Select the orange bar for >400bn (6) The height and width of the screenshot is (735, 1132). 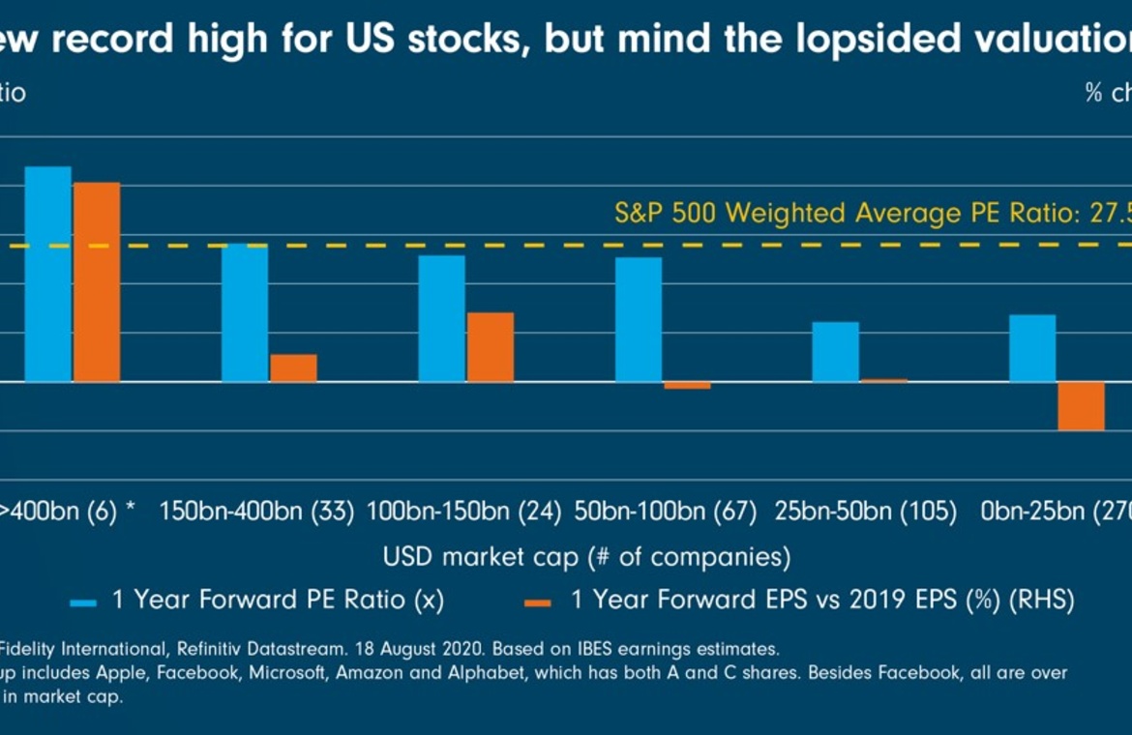[x=97, y=281]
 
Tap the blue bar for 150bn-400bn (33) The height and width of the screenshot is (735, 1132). [x=245, y=312]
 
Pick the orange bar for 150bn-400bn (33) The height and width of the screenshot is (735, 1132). [x=293, y=367]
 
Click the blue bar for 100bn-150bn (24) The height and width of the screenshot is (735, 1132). [x=442, y=318]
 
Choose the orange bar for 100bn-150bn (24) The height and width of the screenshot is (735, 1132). [x=491, y=346]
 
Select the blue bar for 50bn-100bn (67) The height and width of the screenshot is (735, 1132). [x=639, y=319]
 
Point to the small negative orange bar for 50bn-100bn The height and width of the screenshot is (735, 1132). [x=687, y=386]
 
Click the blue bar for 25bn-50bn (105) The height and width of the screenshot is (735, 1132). [x=835, y=351]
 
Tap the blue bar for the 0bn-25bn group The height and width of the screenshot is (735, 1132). [x=1032, y=348]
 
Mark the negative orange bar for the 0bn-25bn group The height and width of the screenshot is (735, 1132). [x=1081, y=406]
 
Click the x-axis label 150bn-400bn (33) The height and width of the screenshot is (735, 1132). [x=256, y=512]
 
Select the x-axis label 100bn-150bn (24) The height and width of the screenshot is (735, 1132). [x=464, y=512]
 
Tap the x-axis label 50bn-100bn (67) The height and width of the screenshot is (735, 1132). [x=666, y=512]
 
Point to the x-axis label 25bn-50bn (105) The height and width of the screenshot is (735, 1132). [x=866, y=512]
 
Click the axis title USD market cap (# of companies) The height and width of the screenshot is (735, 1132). [x=586, y=557]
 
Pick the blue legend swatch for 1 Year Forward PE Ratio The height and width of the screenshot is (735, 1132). [x=83, y=602]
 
